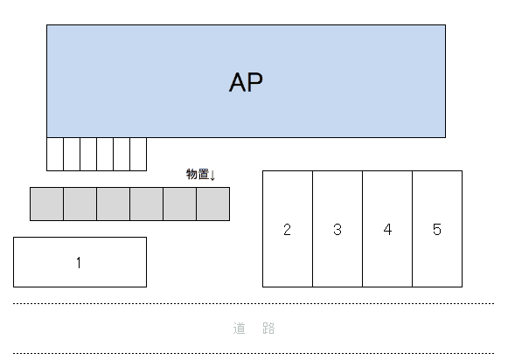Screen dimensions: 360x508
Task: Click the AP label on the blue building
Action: point(246,82)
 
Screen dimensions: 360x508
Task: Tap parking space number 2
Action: point(288,229)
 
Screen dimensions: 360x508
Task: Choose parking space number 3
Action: point(338,229)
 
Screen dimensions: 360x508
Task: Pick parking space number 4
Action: point(387,229)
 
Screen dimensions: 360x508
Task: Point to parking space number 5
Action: point(437,229)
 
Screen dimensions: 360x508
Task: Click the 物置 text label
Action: point(197,175)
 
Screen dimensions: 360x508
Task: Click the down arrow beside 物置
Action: point(212,176)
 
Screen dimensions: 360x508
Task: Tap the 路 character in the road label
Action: point(268,329)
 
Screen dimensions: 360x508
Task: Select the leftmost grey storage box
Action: point(46,204)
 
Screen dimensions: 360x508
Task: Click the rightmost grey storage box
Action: point(212,204)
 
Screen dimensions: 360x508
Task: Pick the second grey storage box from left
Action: point(80,204)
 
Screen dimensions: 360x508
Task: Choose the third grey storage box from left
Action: point(113,204)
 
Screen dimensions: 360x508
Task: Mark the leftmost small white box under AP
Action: point(55,154)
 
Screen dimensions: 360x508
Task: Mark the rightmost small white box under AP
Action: point(138,154)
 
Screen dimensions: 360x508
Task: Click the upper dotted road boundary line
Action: point(254,303)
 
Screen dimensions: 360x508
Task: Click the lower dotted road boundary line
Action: point(254,353)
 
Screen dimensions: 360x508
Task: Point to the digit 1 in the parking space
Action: point(79,262)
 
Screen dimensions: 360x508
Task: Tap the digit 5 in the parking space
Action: point(437,230)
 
